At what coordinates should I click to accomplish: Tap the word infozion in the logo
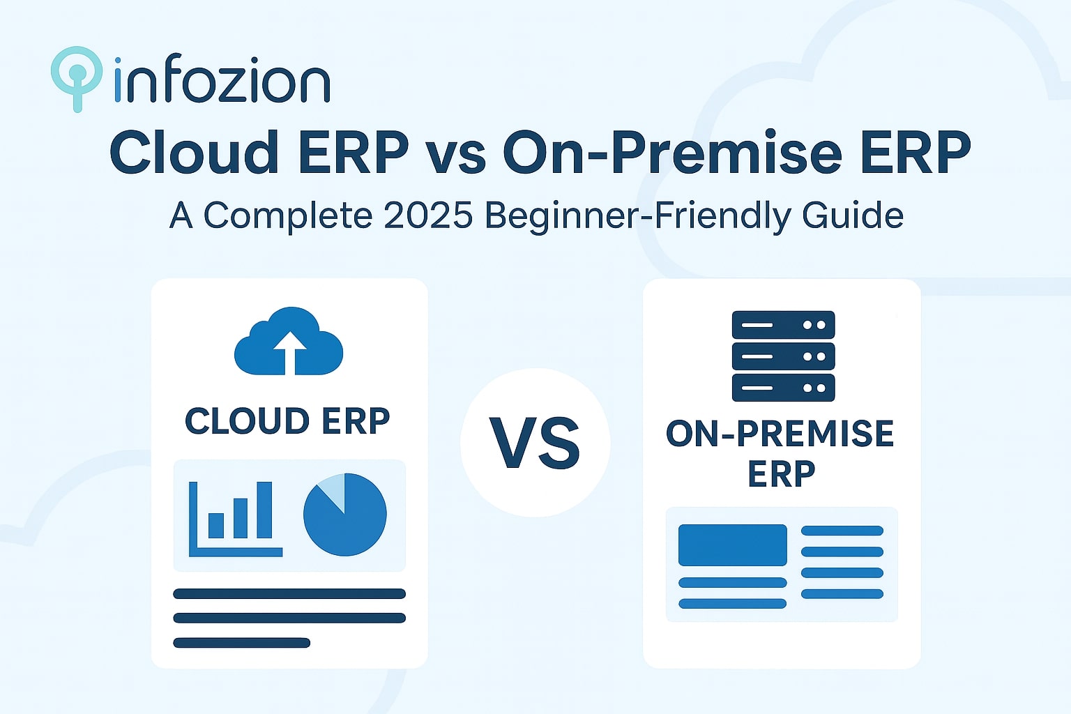pyautogui.click(x=221, y=81)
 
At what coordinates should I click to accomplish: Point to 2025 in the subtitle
pyautogui.click(x=428, y=215)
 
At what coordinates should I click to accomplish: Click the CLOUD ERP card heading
pyautogui.click(x=287, y=421)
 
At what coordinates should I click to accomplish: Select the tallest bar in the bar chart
pyautogui.click(x=264, y=510)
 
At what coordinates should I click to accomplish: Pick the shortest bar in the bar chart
pyautogui.click(x=216, y=526)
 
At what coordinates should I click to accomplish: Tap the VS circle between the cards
pyautogui.click(x=535, y=443)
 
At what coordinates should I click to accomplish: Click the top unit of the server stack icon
pyautogui.click(x=783, y=325)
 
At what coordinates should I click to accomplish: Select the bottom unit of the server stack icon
pyautogui.click(x=783, y=388)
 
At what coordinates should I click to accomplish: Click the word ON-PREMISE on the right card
pyautogui.click(x=780, y=434)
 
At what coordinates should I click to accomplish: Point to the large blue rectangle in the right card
pyautogui.click(x=732, y=545)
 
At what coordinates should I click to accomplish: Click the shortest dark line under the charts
pyautogui.click(x=241, y=643)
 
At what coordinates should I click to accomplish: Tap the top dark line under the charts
pyautogui.click(x=289, y=594)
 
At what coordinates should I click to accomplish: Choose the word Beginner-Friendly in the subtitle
pyautogui.click(x=638, y=215)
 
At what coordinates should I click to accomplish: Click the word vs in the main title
pyautogui.click(x=455, y=153)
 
